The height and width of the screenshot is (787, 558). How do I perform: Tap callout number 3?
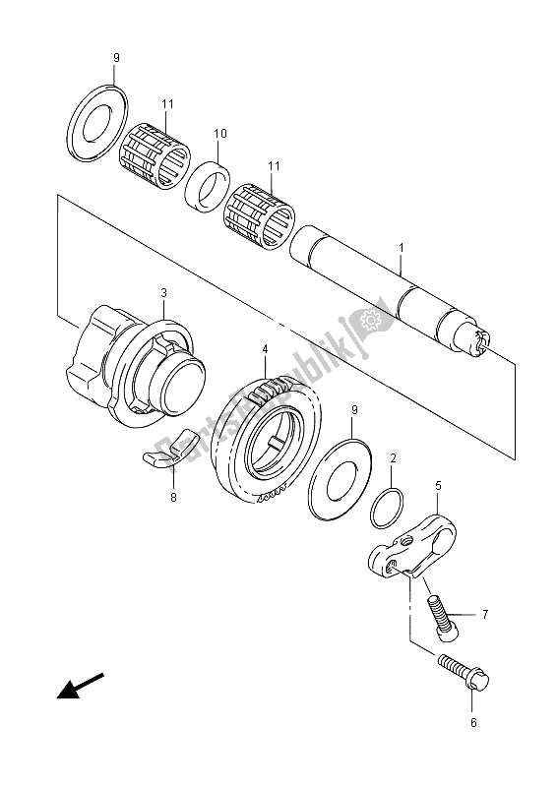click(164, 292)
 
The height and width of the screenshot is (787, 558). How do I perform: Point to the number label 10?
click(219, 133)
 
